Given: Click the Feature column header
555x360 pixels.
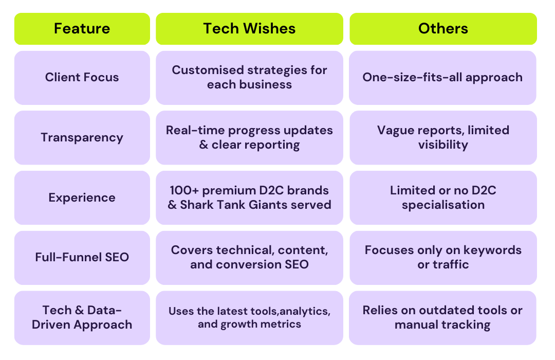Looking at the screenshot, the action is pos(82,29).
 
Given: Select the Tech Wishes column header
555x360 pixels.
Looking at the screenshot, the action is pos(250,29).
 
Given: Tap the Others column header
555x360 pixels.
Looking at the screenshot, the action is pos(443,29).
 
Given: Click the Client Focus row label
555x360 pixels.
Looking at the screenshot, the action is pos(82,78).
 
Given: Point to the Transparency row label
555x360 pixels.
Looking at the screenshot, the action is pos(82,137).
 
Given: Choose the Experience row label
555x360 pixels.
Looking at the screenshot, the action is pos(82,197).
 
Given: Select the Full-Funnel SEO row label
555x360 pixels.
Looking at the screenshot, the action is pos(82,258).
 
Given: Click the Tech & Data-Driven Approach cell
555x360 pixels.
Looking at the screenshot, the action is pos(82,318).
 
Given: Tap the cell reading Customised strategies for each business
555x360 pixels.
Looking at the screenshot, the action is pos(250,78).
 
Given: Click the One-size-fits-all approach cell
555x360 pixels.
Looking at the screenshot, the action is pos(443,78).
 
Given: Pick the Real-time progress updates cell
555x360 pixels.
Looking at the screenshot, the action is pos(250,137).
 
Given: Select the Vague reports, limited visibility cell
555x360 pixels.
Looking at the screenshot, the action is pos(443,137).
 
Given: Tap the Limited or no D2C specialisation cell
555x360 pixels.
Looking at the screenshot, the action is pos(443,197).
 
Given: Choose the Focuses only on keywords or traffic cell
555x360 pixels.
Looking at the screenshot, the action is pos(443,258).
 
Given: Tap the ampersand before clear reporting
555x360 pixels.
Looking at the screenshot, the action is pos(203,145).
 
